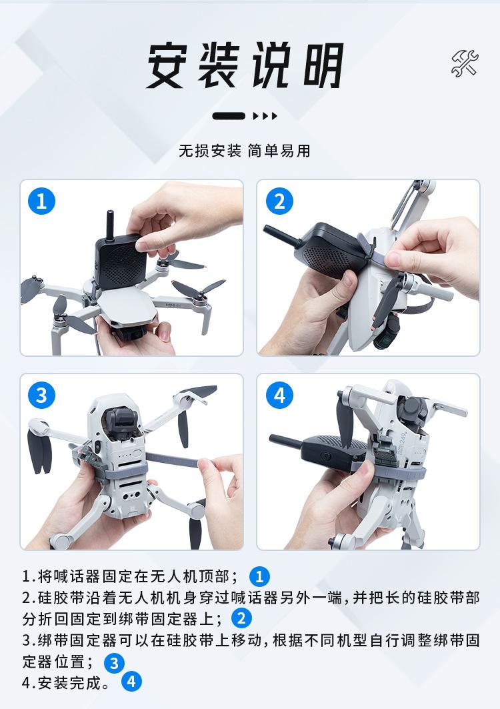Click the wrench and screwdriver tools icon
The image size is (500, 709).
(465, 63)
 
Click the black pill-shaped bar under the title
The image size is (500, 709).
(229, 116)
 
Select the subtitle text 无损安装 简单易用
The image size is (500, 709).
(245, 151)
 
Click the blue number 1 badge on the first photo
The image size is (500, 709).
(41, 201)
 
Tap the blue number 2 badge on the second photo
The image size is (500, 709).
(279, 201)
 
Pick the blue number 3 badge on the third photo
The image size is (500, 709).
(41, 396)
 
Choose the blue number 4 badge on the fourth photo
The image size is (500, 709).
(279, 396)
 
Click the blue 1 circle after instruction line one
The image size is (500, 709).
(259, 576)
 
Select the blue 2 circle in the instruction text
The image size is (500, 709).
(241, 618)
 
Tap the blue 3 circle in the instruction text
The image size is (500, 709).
(114, 664)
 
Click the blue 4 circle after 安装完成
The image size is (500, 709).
(131, 682)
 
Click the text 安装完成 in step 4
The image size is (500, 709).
(69, 683)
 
